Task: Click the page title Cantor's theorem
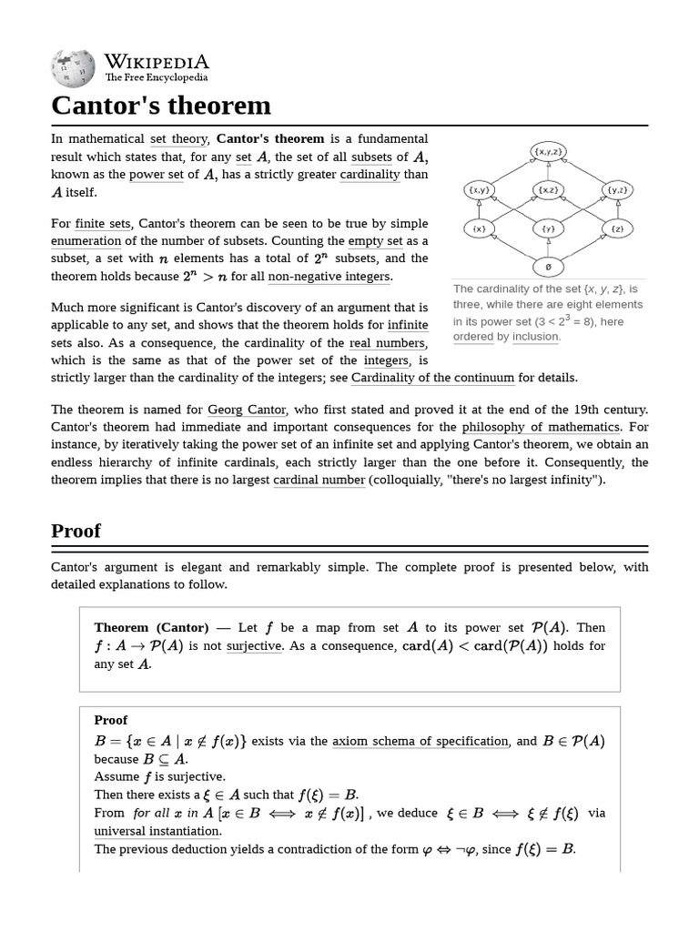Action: coord(161,106)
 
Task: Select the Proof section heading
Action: coord(76,531)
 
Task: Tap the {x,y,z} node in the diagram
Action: coord(549,151)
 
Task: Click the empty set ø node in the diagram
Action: coord(548,268)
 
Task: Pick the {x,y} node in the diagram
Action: coord(479,190)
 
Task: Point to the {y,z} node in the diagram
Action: coord(617,190)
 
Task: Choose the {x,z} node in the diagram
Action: coord(548,190)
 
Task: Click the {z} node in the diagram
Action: coord(617,228)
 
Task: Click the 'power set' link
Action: coord(156,175)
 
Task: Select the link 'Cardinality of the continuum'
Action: coord(432,378)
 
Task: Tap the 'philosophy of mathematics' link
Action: coord(541,427)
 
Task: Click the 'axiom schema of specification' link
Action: coord(420,741)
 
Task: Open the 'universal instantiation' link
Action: coord(157,831)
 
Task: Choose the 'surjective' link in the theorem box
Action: coord(254,646)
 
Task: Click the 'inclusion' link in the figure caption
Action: coord(536,337)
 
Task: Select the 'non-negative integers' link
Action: coord(329,277)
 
